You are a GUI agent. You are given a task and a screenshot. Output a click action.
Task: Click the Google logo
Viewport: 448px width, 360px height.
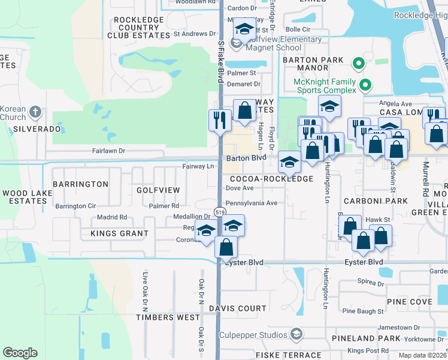20,353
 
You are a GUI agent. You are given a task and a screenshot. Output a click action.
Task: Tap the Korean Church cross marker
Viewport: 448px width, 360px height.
35,112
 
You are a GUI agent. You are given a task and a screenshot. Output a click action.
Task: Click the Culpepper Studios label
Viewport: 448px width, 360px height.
254,334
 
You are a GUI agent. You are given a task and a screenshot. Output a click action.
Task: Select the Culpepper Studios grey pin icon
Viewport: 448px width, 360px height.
296,334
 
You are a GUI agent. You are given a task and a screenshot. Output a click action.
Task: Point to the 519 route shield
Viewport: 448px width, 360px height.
220,212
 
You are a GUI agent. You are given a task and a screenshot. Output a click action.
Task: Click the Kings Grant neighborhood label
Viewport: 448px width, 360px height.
119,233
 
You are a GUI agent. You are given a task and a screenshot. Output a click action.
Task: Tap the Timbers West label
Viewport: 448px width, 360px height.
168,317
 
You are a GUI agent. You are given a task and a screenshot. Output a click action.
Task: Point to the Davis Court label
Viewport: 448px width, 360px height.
238,308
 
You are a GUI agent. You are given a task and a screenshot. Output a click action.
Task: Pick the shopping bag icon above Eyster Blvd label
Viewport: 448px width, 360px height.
226,245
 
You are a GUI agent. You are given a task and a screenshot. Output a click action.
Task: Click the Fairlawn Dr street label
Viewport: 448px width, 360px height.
108,151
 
